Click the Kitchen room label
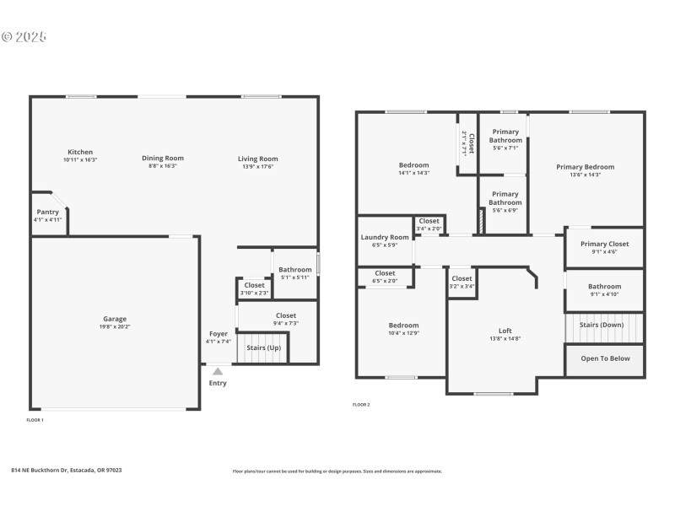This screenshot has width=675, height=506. coord(80,152)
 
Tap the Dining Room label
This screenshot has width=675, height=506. coord(162,158)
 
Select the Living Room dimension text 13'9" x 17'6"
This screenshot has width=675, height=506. coord(257,167)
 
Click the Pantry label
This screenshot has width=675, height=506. coord(47,212)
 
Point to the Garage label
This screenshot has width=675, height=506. coord(115,319)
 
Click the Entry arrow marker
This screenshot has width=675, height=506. coord(218,370)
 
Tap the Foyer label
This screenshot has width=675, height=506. coord(218,334)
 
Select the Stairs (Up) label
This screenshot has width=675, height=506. coord(263,347)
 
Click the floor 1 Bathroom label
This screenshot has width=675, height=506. coord(295,270)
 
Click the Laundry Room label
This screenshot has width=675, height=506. coord(385,238)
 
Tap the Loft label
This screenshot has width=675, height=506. coord(505,331)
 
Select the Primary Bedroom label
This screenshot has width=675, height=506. coord(585,167)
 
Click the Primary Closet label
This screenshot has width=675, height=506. coord(604,244)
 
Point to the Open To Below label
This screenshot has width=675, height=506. coord(604,358)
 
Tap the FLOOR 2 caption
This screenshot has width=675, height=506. coord(361,405)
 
